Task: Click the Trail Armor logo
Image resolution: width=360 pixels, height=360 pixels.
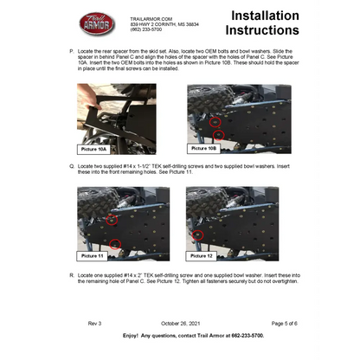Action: [x=96, y=24]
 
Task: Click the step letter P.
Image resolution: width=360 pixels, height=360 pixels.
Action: [x=71, y=52]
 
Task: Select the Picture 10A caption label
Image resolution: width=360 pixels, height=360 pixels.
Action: [x=96, y=148]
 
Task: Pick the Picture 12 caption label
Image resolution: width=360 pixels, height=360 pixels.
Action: [x=201, y=256]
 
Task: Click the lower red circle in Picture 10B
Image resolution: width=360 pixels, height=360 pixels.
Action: [x=219, y=135]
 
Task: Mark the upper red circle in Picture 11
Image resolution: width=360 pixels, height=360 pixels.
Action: [x=112, y=222]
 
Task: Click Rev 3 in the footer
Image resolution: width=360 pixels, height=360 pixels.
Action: [x=94, y=322]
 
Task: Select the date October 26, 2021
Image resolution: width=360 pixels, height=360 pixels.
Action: [x=179, y=322]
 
